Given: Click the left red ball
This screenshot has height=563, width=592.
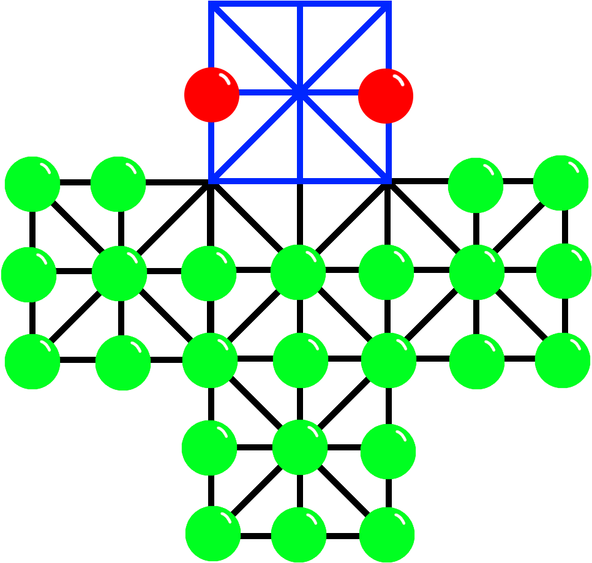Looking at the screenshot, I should pyautogui.click(x=212, y=95).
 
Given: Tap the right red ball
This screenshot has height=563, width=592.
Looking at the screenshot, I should pyautogui.click(x=386, y=95).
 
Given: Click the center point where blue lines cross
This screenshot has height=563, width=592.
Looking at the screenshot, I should pyautogui.click(x=299, y=92).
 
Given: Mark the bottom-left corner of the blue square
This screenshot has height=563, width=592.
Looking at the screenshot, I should pyautogui.click(x=211, y=180).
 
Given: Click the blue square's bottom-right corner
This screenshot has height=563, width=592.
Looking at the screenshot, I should pyautogui.click(x=388, y=180).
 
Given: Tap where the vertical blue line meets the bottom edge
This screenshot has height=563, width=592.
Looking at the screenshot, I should pyautogui.click(x=300, y=180).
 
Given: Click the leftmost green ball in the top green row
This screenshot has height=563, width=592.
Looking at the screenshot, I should pyautogui.click(x=32, y=184).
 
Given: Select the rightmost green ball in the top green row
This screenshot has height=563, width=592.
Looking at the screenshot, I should pyautogui.click(x=561, y=183).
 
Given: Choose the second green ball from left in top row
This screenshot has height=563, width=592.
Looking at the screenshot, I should pyautogui.click(x=118, y=184).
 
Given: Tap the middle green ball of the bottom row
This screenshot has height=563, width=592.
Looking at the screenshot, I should pyautogui.click(x=299, y=534).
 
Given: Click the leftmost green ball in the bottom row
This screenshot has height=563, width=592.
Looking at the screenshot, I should pyautogui.click(x=213, y=533).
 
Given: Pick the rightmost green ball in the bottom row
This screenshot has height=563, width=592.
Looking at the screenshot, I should pyautogui.click(x=387, y=534).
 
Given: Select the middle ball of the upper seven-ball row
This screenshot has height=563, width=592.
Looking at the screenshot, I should pyautogui.click(x=298, y=272).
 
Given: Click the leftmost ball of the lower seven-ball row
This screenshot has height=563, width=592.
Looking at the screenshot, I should pyautogui.click(x=32, y=362).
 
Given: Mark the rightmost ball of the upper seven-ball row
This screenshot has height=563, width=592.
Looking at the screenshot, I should pyautogui.click(x=564, y=271).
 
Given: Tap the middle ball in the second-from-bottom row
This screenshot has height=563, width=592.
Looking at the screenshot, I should pyautogui.click(x=300, y=447).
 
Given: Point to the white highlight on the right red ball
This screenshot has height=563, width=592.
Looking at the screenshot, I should pyautogui.click(x=399, y=80).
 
